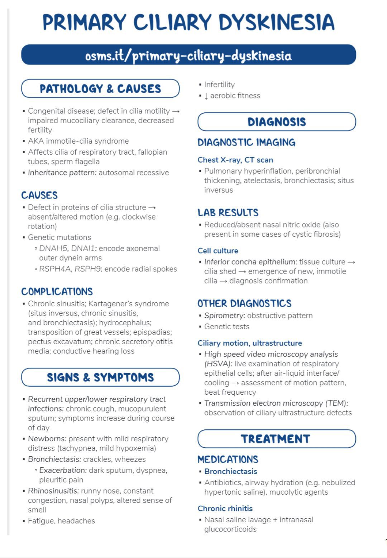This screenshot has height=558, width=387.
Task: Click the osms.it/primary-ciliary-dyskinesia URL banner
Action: [x=188, y=55]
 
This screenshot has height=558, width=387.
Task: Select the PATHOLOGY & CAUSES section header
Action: [x=100, y=88]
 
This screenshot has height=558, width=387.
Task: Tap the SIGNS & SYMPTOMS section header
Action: [x=100, y=377]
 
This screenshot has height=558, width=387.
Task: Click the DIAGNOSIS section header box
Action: [x=277, y=122]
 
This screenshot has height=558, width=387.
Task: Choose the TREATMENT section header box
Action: [x=277, y=439]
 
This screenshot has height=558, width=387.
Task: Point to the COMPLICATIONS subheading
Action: [x=57, y=292]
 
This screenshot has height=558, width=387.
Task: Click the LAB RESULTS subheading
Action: [x=228, y=213]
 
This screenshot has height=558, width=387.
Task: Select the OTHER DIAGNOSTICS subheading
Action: [x=244, y=304]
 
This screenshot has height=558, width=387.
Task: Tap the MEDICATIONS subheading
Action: [x=228, y=460]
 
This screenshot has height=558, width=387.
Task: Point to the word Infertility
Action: [x=219, y=85]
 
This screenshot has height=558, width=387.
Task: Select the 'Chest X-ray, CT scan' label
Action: [x=235, y=160]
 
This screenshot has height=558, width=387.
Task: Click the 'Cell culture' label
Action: [x=218, y=251]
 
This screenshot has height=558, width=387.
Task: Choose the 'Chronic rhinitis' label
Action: [x=225, y=509]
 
